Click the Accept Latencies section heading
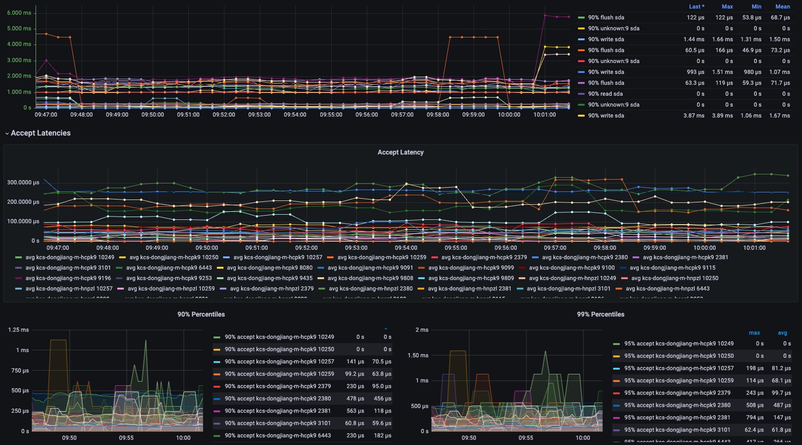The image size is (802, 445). pyautogui.click(x=40, y=133)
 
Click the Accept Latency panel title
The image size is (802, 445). pyautogui.click(x=401, y=152)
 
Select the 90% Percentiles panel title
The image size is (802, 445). pyautogui.click(x=201, y=314)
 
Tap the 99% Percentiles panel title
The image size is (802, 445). pyautogui.click(x=600, y=314)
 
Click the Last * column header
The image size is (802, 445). pyautogui.click(x=696, y=7)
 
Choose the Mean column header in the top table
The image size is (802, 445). pyautogui.click(x=783, y=7)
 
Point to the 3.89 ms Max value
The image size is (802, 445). pyautogui.click(x=722, y=116)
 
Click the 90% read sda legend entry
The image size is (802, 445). pyautogui.click(x=605, y=94)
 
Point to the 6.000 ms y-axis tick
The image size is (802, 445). pyautogui.click(x=19, y=13)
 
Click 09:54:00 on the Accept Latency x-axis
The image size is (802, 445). pyautogui.click(x=406, y=248)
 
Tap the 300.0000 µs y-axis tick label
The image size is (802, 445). pyautogui.click(x=23, y=182)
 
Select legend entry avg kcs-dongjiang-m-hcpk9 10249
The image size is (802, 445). pyautogui.click(x=69, y=257)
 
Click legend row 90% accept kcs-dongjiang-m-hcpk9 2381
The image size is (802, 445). pyautogui.click(x=278, y=411)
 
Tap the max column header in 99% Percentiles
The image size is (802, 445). pyautogui.click(x=754, y=333)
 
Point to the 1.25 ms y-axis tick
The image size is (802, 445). pyautogui.click(x=19, y=330)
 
